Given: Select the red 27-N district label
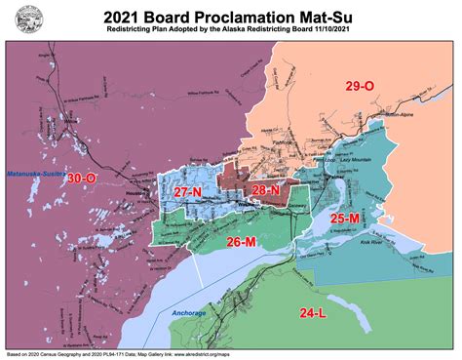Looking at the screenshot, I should (x=187, y=194).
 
